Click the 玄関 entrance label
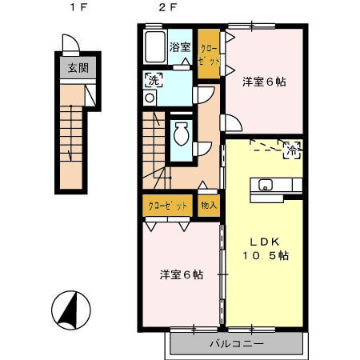point(78,68)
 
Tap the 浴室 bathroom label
point(180,47)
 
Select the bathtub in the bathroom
point(154,46)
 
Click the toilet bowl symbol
point(182,134)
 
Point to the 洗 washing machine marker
point(154,80)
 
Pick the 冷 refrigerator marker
point(292,150)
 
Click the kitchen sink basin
point(265,185)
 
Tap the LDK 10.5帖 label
point(265,249)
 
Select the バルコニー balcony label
point(237,343)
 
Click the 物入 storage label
point(209,205)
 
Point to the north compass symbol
point(71,310)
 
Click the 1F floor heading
point(78,7)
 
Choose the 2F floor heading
point(167,7)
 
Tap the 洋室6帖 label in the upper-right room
point(264,82)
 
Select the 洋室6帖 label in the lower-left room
point(182,274)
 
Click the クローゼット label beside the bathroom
point(210,55)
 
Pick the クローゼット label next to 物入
point(167,206)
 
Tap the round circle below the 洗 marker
point(150,98)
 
